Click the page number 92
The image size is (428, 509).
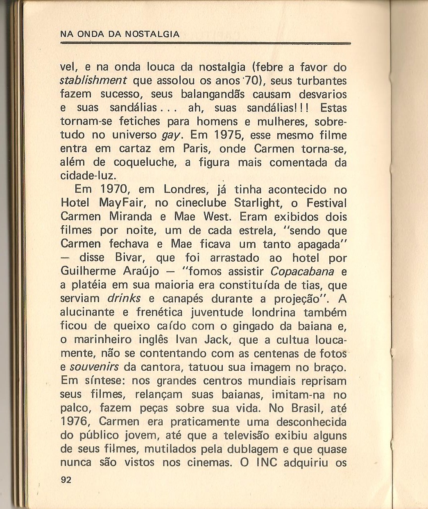coord(66,480)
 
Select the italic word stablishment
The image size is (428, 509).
coord(94,80)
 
